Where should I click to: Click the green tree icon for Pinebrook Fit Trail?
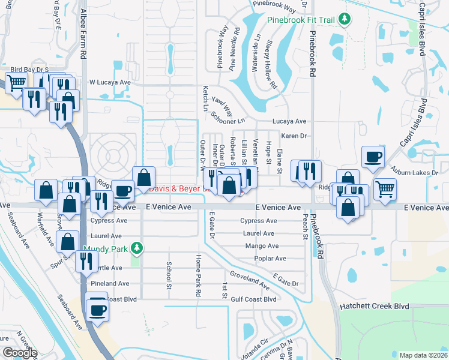pos(345,20)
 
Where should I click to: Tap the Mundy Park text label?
pos(107,248)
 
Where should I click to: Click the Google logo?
pos(20,353)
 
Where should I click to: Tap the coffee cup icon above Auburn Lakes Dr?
pos(373,157)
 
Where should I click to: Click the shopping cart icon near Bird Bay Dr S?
pos(17,83)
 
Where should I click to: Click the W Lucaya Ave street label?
pos(110,82)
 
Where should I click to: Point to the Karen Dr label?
pos(294,136)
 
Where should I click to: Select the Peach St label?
pos(305,227)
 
